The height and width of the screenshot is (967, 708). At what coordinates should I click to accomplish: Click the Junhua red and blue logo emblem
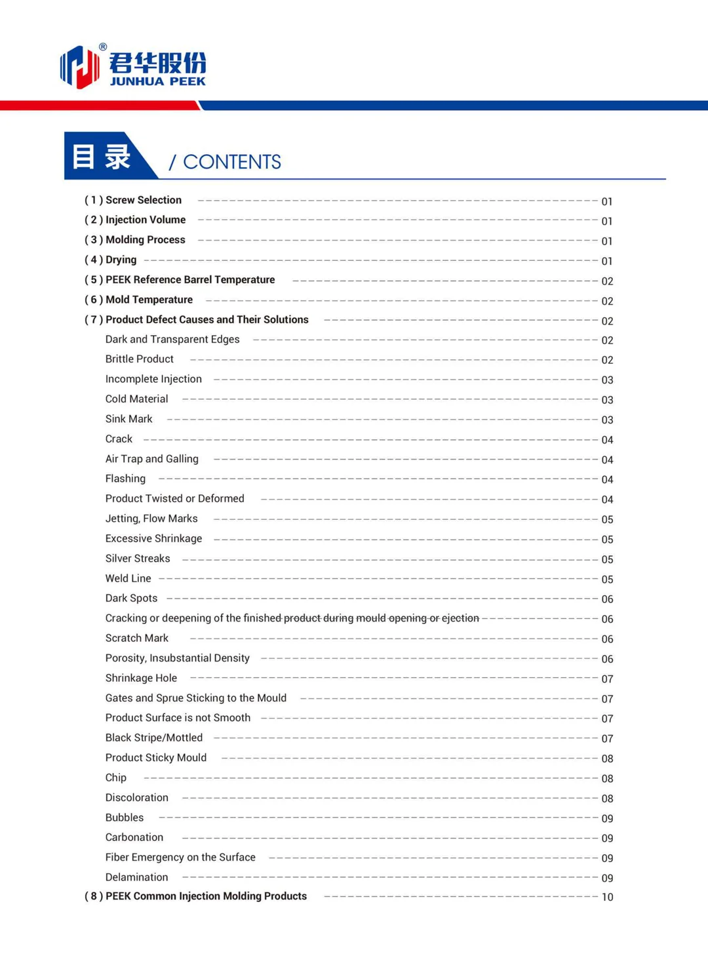tap(79, 67)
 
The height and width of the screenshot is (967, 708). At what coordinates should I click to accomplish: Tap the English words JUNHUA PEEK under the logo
tap(157, 81)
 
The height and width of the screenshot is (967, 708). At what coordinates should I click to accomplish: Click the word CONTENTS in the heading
tap(231, 162)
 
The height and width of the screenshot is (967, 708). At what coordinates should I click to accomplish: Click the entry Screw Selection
tap(143, 200)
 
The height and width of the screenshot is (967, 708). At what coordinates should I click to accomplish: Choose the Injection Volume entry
tap(145, 220)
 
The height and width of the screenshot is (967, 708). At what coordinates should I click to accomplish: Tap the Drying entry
tap(121, 260)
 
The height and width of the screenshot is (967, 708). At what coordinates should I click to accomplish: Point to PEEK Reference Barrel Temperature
tap(190, 279)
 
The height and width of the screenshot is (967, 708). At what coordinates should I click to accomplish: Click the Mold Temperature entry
tap(149, 300)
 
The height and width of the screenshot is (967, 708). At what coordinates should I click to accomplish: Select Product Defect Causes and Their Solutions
tap(206, 319)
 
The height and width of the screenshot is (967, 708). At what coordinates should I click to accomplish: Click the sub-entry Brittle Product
tap(139, 359)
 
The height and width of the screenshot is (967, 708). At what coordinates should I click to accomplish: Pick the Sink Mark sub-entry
tap(128, 419)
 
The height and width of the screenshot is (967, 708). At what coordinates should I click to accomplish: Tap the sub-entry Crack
tap(119, 439)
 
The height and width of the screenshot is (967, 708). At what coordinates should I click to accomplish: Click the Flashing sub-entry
tap(125, 479)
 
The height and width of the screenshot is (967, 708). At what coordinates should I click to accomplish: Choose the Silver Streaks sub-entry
tap(138, 559)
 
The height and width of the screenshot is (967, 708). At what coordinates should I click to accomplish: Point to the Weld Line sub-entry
tap(128, 578)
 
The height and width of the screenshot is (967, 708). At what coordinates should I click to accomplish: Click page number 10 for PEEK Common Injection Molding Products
tap(607, 897)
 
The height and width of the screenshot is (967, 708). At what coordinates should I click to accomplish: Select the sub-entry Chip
tap(115, 778)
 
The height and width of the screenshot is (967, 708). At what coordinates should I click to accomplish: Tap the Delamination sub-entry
tap(136, 877)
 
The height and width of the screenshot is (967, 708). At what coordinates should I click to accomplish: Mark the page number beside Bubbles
tap(607, 818)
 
